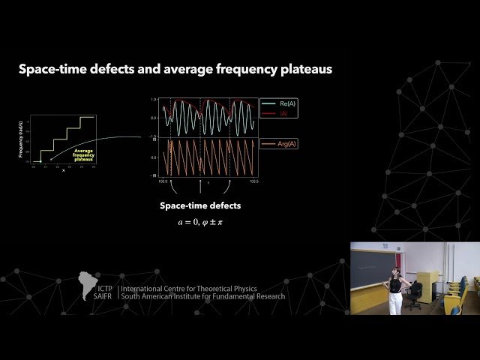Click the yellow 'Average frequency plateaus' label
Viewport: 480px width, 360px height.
click(x=82, y=154)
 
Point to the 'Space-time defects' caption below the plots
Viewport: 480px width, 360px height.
click(x=199, y=205)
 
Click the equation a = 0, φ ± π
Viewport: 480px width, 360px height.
click(x=199, y=222)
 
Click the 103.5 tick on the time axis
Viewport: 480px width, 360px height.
click(x=253, y=181)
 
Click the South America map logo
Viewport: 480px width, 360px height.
click(x=88, y=286)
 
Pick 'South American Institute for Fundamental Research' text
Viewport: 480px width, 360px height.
click(x=202, y=297)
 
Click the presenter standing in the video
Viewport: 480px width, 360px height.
click(x=394, y=289)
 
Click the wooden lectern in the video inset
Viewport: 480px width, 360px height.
click(x=367, y=299)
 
